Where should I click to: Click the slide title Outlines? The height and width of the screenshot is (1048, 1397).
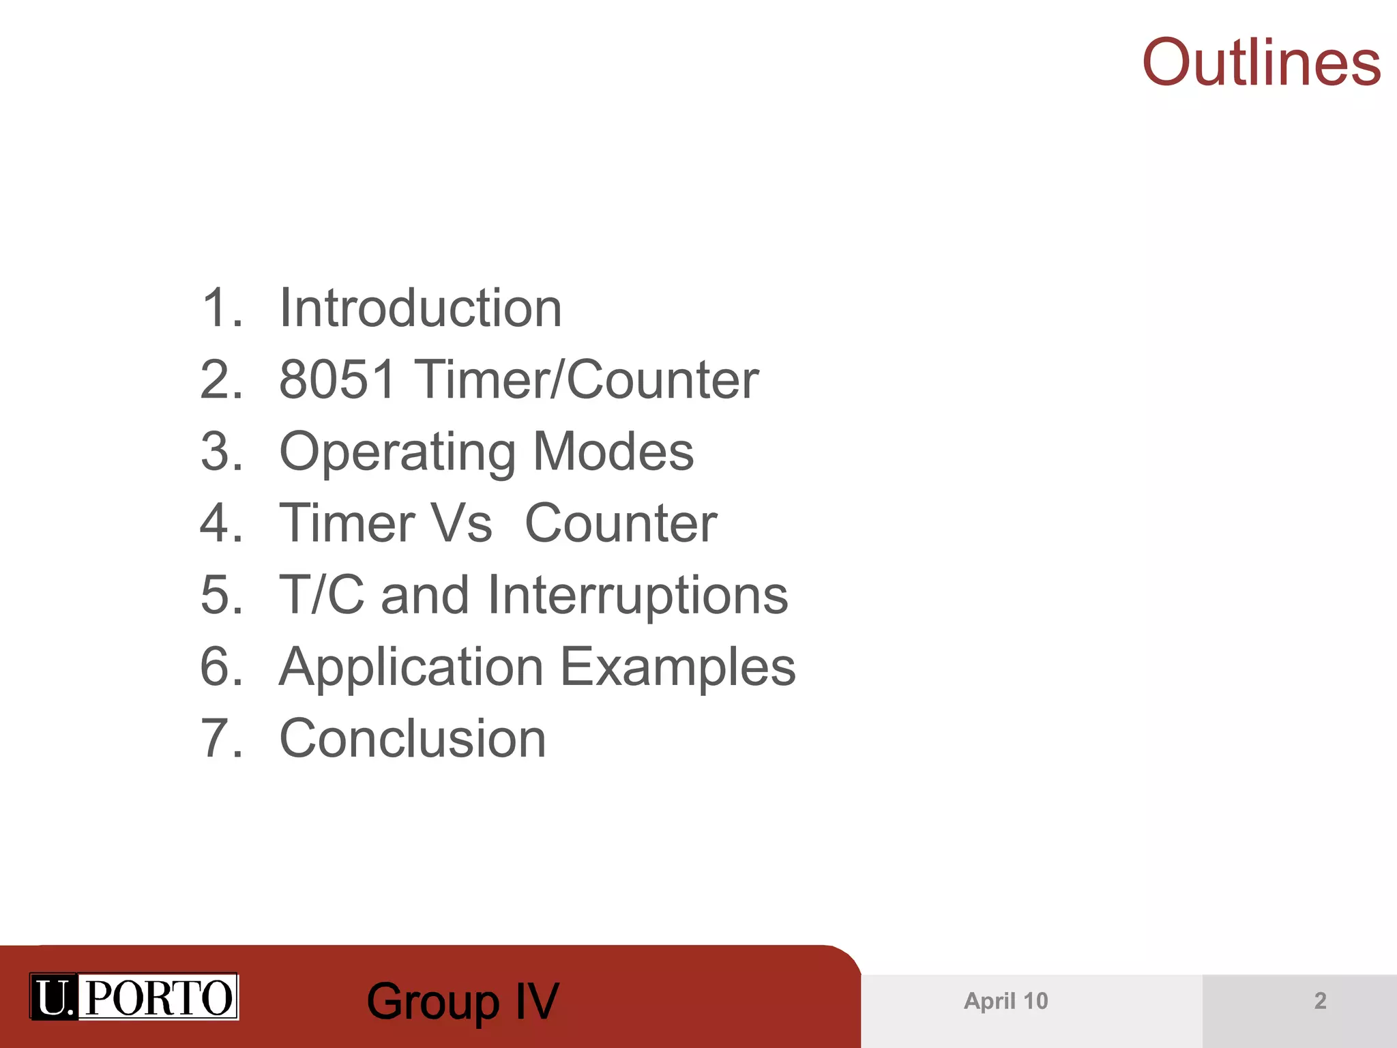pos(1261,63)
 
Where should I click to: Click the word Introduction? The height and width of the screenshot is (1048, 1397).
pos(421,308)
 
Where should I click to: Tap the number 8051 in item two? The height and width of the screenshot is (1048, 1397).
pos(338,379)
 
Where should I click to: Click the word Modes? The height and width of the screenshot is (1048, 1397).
pos(613,452)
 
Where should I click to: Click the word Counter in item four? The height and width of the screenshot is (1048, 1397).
pos(621,523)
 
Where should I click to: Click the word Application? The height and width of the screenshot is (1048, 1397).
pos(411,668)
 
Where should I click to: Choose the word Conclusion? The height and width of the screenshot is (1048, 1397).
pos(413,738)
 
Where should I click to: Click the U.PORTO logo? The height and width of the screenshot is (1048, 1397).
pos(134,997)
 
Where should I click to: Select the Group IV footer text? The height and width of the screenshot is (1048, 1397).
pos(462,1002)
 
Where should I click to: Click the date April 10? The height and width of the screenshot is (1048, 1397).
pos(1005,1001)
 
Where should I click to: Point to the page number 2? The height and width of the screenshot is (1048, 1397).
pos(1320,1001)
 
